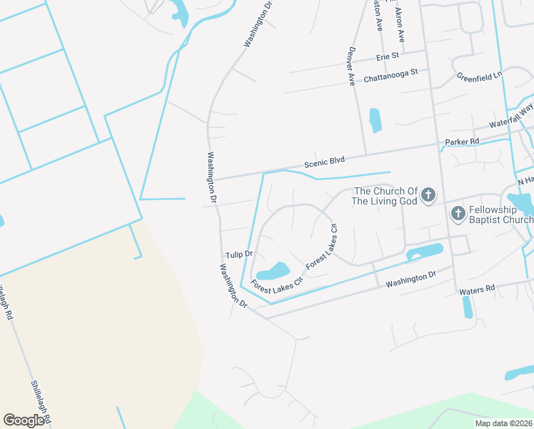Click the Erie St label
point(386,56)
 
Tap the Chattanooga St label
point(396,75)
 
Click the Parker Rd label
point(462,142)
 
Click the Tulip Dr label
point(239,255)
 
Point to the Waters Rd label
point(477,290)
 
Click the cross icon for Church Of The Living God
point(428,195)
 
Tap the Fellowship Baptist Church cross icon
point(458,214)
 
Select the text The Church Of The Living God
point(386,196)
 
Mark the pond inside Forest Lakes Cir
point(272,272)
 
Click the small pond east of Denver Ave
point(375,119)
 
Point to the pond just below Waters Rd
point(467,306)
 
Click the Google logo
point(24,420)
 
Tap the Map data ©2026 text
point(503,423)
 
